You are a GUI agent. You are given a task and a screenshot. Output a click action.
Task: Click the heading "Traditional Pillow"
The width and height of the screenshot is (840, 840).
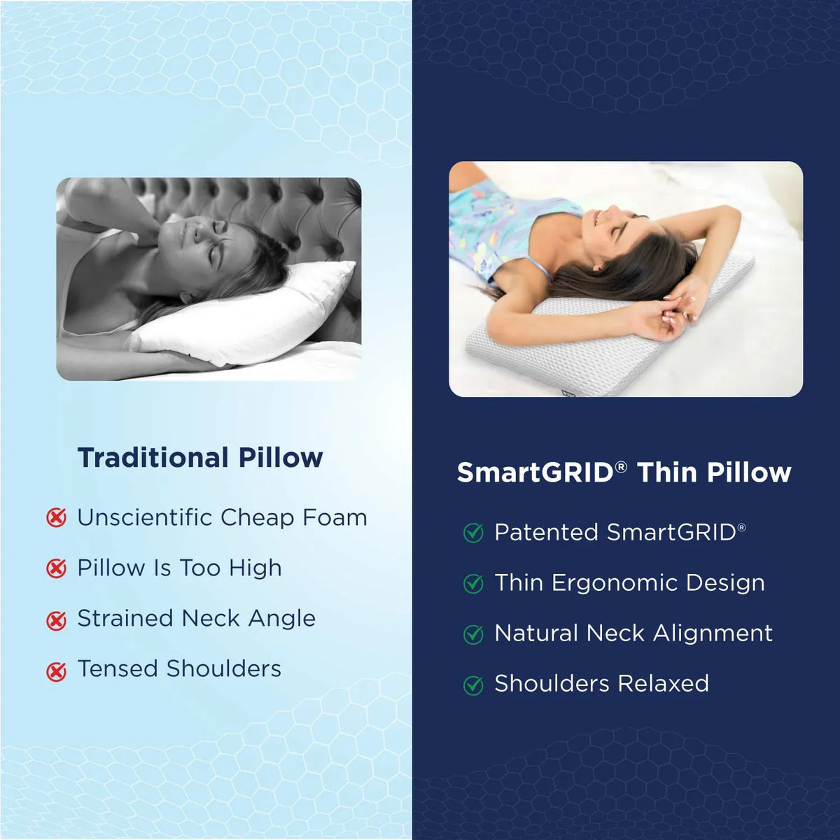coord(200,458)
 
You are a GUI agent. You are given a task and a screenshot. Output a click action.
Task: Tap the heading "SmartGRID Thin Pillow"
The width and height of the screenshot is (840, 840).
coord(624,472)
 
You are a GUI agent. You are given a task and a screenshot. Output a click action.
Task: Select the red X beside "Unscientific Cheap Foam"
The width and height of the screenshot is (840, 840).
coord(56,518)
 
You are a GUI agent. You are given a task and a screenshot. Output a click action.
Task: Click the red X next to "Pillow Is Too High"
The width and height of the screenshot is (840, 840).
coord(56,568)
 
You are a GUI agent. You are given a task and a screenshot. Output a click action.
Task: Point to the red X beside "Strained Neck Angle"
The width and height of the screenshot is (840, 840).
coord(56,619)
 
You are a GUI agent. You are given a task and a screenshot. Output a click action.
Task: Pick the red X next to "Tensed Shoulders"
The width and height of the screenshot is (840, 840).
coord(56,671)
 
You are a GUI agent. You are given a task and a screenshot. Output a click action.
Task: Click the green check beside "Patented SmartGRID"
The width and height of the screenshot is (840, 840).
coord(474,533)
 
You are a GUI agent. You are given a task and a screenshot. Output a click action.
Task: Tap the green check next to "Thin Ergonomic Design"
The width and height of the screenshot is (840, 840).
coord(474,584)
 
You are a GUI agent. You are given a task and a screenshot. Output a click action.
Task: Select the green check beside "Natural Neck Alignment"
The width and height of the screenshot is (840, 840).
coord(474,634)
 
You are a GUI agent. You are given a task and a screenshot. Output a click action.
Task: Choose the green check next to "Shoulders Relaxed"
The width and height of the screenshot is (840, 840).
coord(474,685)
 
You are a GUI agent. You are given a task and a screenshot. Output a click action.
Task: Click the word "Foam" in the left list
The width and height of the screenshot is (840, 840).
coord(335,517)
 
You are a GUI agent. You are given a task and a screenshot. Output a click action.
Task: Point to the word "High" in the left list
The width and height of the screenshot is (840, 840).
coord(255,568)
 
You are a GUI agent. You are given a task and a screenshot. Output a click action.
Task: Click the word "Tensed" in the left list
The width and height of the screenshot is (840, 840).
coord(118,668)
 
